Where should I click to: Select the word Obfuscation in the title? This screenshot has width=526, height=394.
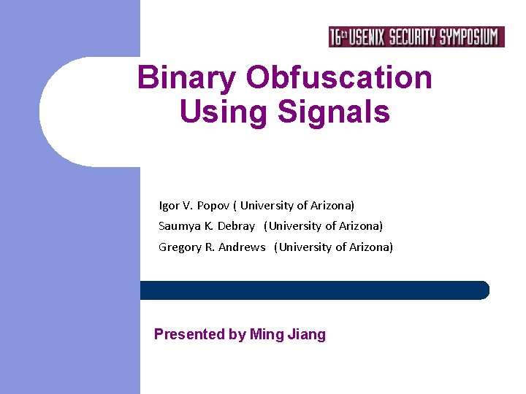(x=339, y=78)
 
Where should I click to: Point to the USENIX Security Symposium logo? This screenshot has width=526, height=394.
(x=416, y=37)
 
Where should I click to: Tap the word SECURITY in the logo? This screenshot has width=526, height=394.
(x=412, y=37)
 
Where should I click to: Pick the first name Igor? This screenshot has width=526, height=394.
(x=169, y=206)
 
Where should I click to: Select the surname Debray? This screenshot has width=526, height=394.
(x=236, y=226)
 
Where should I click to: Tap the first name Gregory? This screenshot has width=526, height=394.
(x=180, y=247)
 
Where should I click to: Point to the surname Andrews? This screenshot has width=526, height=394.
(x=242, y=247)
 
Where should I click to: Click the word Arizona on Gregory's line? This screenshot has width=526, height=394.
(x=370, y=247)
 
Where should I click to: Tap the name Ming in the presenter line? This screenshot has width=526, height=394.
(x=264, y=335)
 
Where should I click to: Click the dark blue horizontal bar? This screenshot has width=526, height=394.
(x=314, y=290)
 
